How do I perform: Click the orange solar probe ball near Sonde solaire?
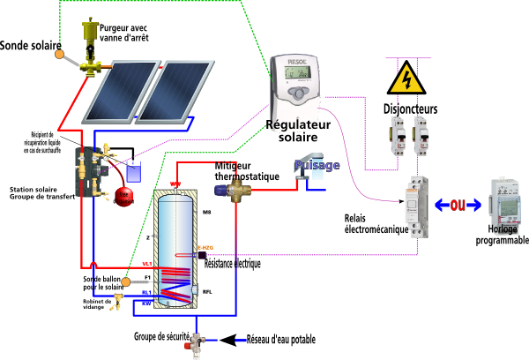[x=58, y=55]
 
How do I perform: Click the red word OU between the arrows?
[x=457, y=206]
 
